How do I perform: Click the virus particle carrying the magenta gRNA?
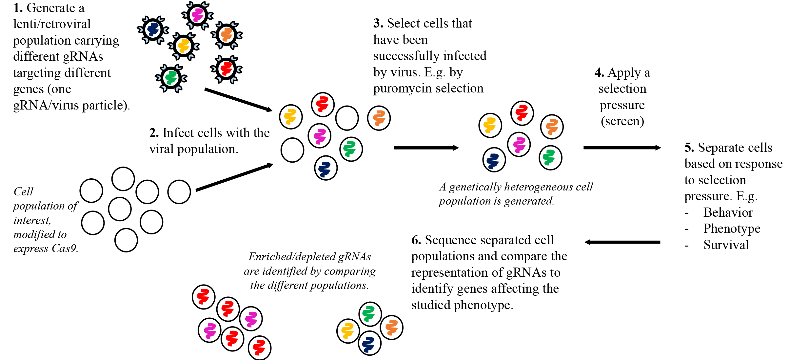point(197,15)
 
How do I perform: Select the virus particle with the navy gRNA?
point(153,30)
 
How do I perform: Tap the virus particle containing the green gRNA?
point(171,78)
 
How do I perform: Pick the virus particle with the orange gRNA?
point(227,35)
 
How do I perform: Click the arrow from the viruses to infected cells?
point(238,100)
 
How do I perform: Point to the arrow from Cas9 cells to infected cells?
point(234,177)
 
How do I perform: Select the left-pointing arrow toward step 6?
point(622,242)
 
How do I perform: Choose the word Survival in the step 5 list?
point(726,245)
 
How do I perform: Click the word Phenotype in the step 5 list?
point(732,229)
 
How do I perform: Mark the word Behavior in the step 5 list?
point(728,212)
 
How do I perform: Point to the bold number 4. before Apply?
point(599,72)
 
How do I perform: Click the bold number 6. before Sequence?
point(416,240)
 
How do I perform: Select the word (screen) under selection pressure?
point(622,121)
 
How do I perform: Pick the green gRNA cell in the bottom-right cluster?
point(370,313)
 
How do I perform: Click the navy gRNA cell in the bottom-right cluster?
point(369,344)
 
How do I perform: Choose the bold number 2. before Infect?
point(154,133)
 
